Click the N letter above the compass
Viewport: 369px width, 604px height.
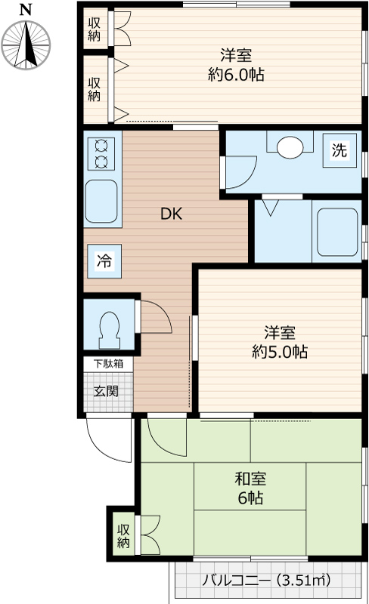click(26, 9)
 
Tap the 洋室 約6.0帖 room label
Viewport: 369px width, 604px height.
click(236, 65)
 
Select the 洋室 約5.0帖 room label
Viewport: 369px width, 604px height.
click(279, 341)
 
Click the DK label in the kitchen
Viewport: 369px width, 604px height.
click(171, 214)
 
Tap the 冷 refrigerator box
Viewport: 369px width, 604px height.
click(104, 261)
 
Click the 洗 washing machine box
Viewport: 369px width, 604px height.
click(340, 149)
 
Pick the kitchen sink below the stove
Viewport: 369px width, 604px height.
click(101, 202)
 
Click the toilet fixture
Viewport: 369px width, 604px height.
click(110, 326)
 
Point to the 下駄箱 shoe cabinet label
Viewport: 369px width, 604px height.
click(107, 363)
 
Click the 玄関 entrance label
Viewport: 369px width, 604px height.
click(105, 391)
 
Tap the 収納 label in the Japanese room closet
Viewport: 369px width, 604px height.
click(123, 536)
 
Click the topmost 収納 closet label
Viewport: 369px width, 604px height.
click(95, 29)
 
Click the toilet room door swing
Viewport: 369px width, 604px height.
click(155, 317)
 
